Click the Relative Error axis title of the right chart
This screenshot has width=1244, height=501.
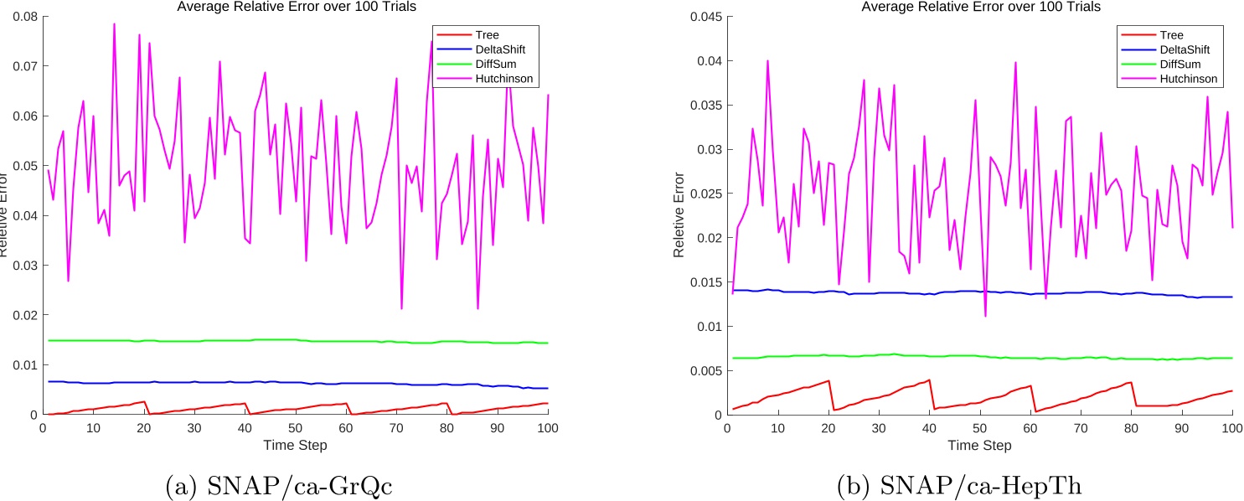click(x=679, y=215)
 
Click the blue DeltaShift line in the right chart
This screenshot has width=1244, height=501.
click(x=921, y=292)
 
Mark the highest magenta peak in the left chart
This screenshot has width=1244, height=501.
click(x=114, y=23)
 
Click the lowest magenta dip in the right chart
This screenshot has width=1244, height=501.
click(x=985, y=316)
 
